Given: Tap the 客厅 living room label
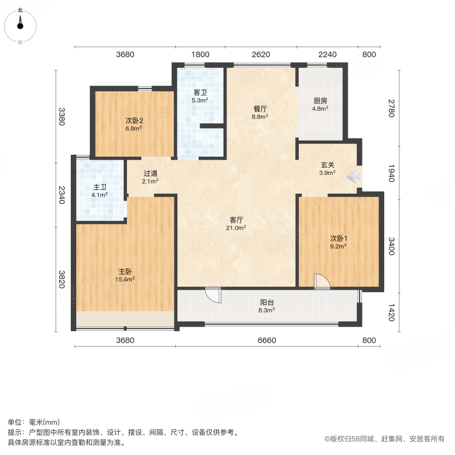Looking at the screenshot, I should (x=237, y=220).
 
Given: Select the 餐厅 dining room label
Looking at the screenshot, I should (x=260, y=108).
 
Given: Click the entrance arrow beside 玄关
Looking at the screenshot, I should (x=354, y=176).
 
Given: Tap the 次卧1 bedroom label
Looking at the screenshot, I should (x=338, y=238).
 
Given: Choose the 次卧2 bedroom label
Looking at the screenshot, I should (x=134, y=120).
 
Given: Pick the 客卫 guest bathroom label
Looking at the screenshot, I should (x=200, y=93).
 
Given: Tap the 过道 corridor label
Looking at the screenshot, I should (x=150, y=173).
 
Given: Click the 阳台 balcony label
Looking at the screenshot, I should (x=267, y=302).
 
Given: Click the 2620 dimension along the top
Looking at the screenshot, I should (x=261, y=55).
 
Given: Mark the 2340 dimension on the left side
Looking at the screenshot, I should (x=62, y=195).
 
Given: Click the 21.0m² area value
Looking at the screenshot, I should (x=237, y=228).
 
